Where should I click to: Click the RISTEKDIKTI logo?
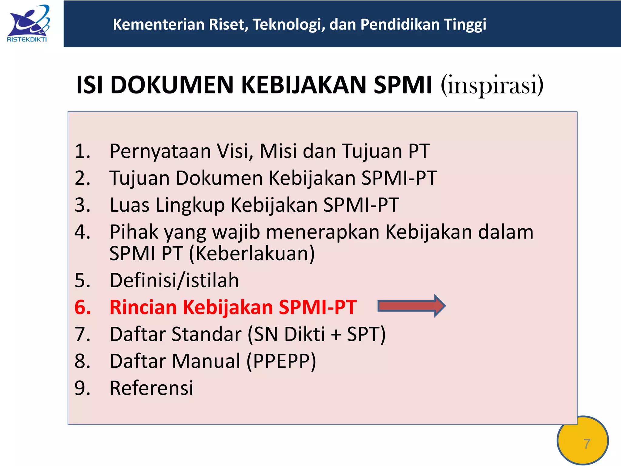pos(28,24)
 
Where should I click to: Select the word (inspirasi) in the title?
pos(492,85)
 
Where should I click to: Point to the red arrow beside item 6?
pos(411,306)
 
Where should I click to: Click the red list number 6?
pos(82,307)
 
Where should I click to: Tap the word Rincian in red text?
pos(143,307)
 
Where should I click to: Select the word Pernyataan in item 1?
pos(160,151)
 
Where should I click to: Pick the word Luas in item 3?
pos(129,205)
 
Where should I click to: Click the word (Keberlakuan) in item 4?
pos(252,253)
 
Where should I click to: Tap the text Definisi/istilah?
pos(174,280)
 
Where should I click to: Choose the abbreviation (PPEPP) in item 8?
pos(281,361)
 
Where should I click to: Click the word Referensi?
pos(151,388)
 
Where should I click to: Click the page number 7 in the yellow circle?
pos(586,444)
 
